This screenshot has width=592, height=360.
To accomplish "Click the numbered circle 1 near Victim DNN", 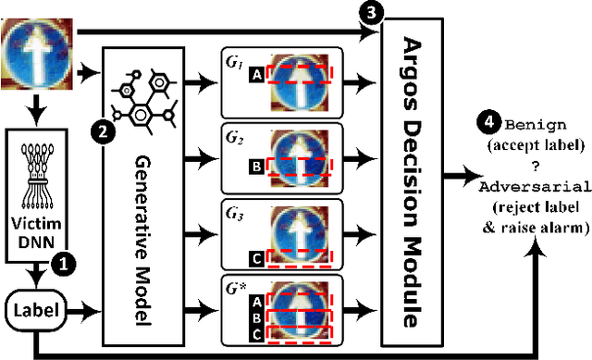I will pyautogui.click(x=62, y=264).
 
